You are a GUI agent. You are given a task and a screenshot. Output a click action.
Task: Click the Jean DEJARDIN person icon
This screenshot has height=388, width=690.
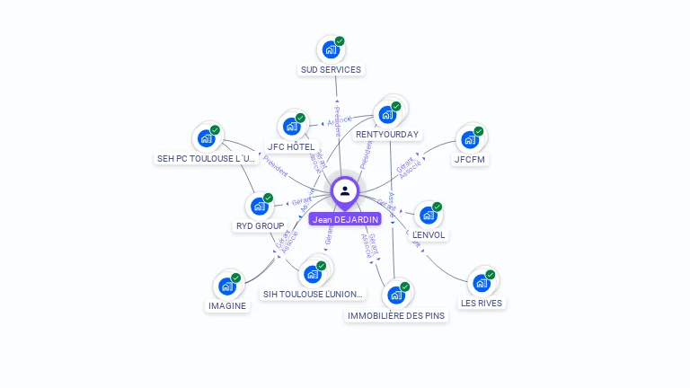tap(345, 190)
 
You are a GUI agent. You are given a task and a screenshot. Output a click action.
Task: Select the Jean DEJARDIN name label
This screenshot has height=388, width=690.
tap(345, 219)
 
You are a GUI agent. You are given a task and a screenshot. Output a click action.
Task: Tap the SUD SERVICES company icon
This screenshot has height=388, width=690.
tap(331, 49)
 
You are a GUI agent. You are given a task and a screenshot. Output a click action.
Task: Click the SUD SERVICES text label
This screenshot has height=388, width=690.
tap(331, 69)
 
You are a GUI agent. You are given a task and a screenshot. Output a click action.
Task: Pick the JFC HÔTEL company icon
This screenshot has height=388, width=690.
tap(291, 126)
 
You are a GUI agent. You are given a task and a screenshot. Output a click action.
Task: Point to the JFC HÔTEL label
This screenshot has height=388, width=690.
tap(291, 146)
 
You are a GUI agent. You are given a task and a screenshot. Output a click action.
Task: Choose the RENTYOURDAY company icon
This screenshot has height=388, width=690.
tap(387, 114)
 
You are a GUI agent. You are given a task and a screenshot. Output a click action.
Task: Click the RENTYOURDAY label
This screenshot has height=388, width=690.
tap(387, 135)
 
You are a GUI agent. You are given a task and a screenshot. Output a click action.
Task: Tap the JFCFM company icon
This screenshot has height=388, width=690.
tap(469, 139)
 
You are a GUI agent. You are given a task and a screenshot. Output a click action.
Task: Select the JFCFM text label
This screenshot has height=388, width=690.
tap(469, 160)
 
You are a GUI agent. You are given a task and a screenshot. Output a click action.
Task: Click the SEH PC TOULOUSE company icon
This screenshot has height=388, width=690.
tap(206, 138)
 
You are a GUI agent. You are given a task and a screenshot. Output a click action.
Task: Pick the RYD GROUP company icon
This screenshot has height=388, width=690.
tap(259, 206)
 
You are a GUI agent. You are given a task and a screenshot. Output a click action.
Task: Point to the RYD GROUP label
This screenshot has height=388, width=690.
tap(259, 226)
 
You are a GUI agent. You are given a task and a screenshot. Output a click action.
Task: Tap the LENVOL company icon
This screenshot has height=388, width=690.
tap(429, 215)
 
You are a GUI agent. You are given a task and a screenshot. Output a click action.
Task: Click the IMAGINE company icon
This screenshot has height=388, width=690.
tap(226, 286)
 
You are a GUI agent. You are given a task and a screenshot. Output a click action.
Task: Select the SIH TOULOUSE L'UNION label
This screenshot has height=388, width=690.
tap(314, 294)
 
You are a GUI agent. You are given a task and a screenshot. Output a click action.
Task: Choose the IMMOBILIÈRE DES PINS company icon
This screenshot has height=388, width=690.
tap(395, 295)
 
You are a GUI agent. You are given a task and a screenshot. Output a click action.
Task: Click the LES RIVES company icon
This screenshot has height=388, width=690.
tap(482, 283)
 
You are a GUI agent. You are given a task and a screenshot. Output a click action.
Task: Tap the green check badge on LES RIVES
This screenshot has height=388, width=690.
tap(491, 274)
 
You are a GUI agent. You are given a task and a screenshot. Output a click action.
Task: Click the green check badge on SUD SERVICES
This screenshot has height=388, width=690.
tap(340, 40)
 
